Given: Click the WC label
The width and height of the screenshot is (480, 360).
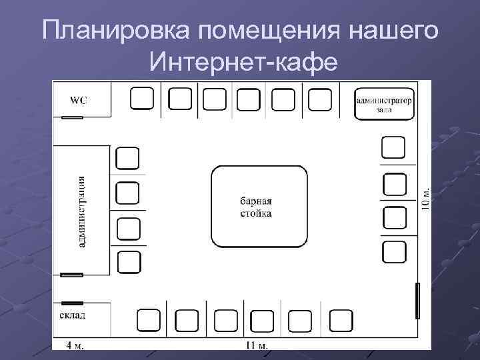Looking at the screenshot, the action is [79, 101].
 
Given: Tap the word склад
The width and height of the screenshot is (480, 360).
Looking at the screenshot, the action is [72, 313].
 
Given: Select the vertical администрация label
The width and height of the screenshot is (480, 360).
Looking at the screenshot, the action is [81, 211].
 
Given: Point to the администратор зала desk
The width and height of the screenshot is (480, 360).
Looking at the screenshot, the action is [383, 104].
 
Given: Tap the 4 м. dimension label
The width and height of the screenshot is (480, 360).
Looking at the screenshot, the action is [75, 345].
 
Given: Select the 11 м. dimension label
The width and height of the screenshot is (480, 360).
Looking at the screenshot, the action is [256, 345].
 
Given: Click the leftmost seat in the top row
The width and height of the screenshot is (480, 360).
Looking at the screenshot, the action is [141, 98].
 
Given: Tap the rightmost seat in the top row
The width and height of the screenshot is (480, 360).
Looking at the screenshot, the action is [320, 99].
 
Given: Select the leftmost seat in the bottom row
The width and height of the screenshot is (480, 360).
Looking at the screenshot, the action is [148, 321].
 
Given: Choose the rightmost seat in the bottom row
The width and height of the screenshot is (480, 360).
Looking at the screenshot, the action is [341, 321].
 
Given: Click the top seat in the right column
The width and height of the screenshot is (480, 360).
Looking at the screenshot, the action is [393, 147].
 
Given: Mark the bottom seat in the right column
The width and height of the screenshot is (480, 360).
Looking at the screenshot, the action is [394, 251].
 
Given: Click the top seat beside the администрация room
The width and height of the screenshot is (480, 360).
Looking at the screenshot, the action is [127, 158].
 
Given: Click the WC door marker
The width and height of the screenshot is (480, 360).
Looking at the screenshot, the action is [72, 118].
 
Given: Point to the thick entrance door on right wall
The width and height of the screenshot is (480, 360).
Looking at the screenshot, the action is [418, 301].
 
